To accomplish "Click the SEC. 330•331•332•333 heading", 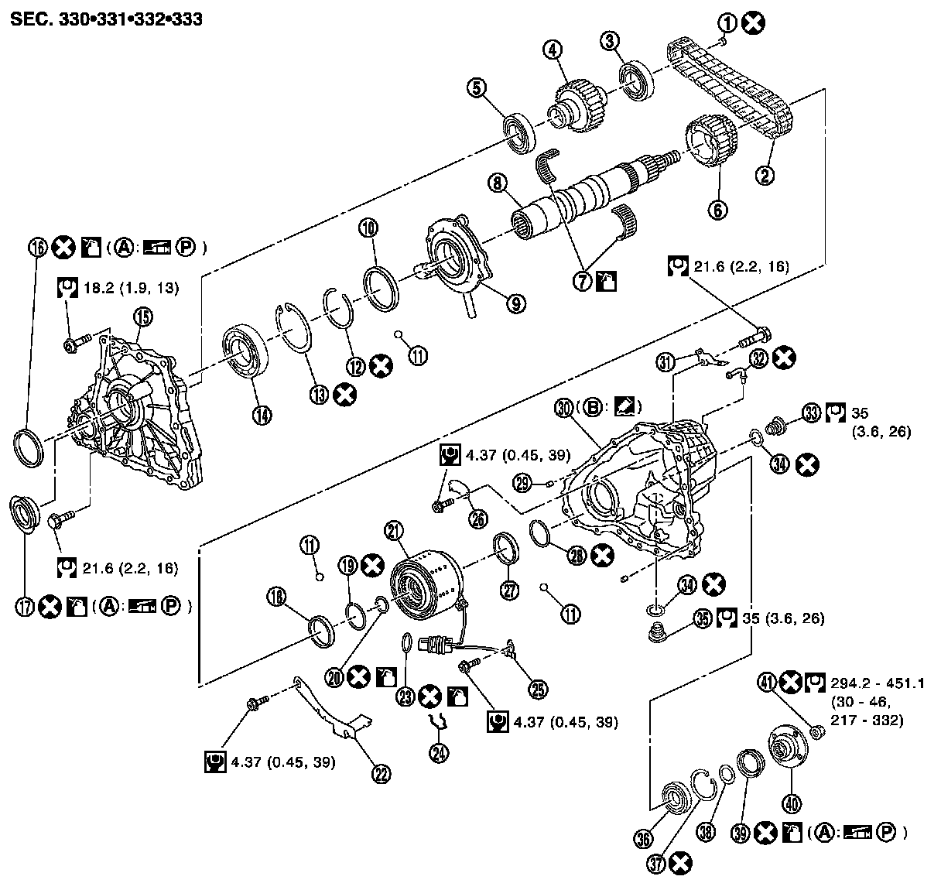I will coord(106,19).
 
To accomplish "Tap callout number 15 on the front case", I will coord(142,316).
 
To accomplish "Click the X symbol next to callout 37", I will coord(681,863).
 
